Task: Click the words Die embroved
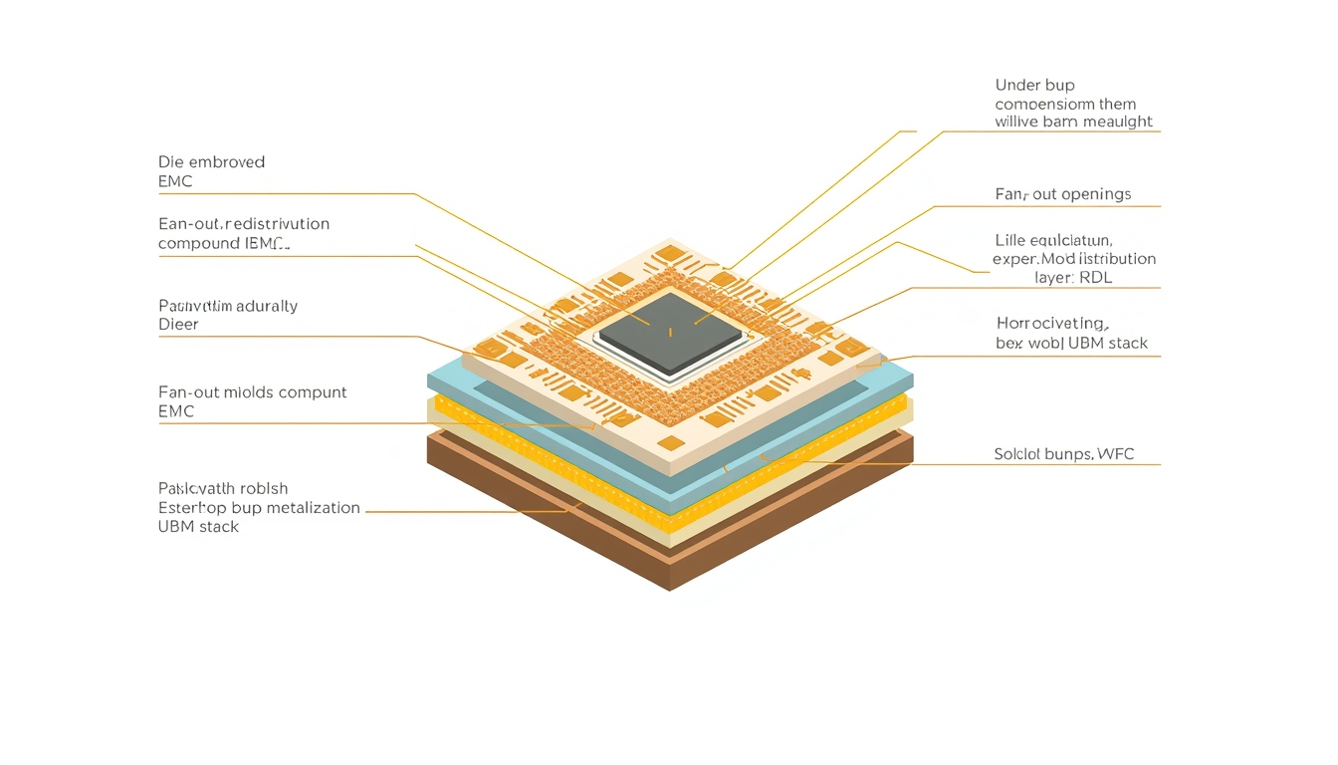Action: coord(211,161)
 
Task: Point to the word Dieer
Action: coord(178,325)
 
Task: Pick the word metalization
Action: coord(307,508)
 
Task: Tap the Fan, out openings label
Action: coord(1062,194)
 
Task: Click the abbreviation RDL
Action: coord(1092,278)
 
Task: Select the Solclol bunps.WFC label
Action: coord(1063,455)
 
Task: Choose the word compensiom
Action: coord(1043,104)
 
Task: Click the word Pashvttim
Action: coord(191,306)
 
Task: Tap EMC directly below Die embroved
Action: coord(175,181)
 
